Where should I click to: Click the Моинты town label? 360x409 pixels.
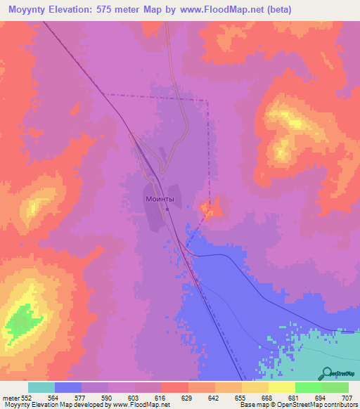pos(159,200)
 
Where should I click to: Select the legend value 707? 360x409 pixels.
pos(347,397)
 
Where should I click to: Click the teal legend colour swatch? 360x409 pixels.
pos(41,387)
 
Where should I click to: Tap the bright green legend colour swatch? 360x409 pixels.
pos(309,387)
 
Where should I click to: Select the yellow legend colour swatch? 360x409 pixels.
pos(282,387)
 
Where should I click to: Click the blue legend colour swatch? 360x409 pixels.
pos(68,387)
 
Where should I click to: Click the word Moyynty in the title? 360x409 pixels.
pos(32,10)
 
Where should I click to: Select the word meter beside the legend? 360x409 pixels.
pos(11,397)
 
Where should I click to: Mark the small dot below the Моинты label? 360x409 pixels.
pos(167,209)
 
